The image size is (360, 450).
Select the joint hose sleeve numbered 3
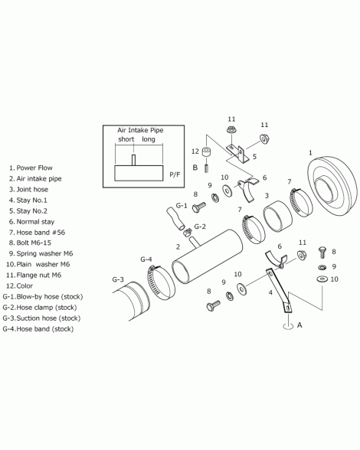tap(277, 216)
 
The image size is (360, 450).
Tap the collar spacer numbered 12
tap(206, 152)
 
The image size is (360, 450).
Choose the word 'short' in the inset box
tap(126, 139)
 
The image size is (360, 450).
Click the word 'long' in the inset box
tap(149, 139)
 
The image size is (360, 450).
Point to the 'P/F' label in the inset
tap(175, 174)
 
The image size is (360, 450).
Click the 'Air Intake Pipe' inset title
tap(140, 130)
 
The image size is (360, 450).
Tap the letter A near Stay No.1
tap(299, 324)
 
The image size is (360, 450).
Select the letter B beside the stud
tap(195, 168)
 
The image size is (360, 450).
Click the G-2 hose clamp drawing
tap(188, 231)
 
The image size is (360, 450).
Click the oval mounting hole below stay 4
tap(288, 326)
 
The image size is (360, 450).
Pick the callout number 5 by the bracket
tap(254, 157)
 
